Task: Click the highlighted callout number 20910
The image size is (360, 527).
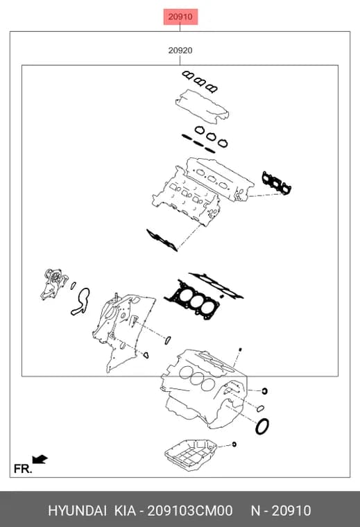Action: (x=180, y=17)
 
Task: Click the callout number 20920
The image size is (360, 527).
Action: (x=180, y=51)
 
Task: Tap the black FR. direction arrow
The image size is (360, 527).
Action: (x=40, y=459)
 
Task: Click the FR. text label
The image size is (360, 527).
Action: (x=23, y=469)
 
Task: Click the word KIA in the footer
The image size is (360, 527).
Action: (x=125, y=510)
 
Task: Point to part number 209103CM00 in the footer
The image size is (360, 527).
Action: (x=190, y=510)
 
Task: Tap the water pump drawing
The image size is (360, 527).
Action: (x=53, y=284)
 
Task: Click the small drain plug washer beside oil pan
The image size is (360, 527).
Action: (x=234, y=444)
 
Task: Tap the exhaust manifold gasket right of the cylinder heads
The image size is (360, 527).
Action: (x=277, y=183)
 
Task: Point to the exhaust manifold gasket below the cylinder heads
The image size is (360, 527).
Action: (x=162, y=240)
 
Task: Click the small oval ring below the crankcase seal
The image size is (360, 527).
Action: (x=260, y=408)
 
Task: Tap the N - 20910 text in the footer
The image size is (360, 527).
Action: (x=281, y=510)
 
